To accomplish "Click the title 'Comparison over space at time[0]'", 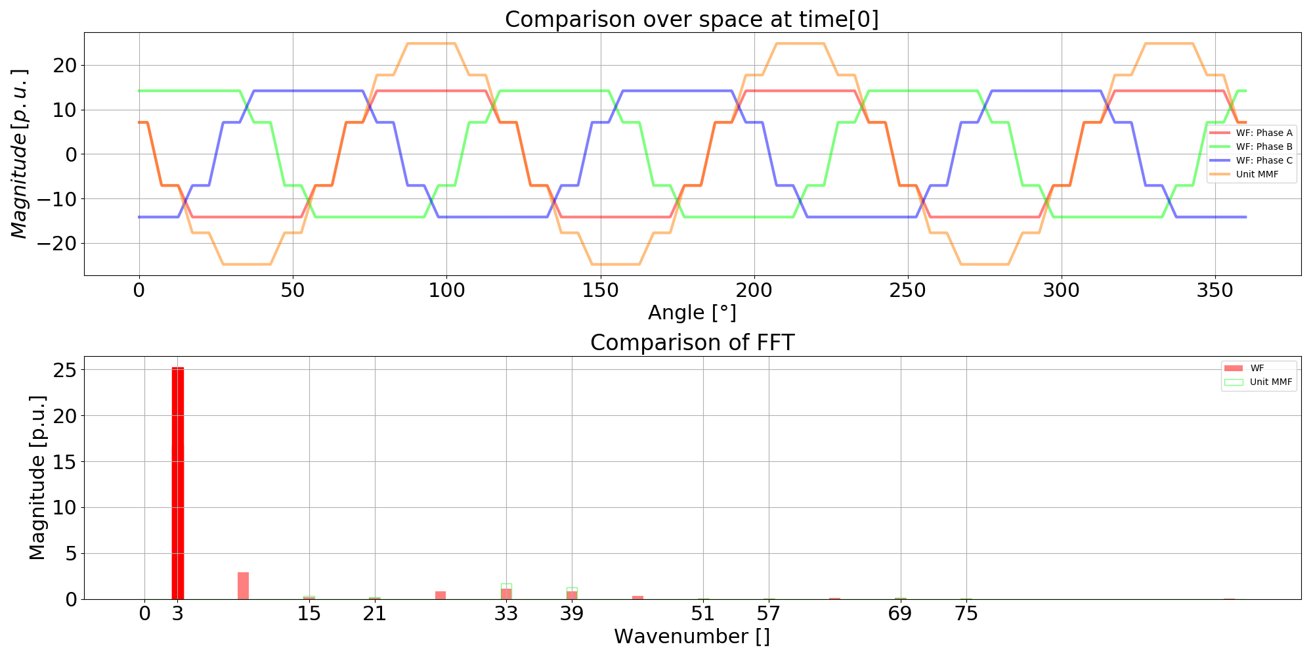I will pos(691,19).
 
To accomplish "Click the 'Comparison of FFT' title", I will pos(692,342).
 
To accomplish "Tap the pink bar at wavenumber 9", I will pos(244,586).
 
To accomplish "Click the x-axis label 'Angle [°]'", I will pos(692,313).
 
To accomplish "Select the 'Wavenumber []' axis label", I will pos(692,637).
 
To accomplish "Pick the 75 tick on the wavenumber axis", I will pos(966,614).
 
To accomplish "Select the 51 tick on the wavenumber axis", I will pos(703,614).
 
